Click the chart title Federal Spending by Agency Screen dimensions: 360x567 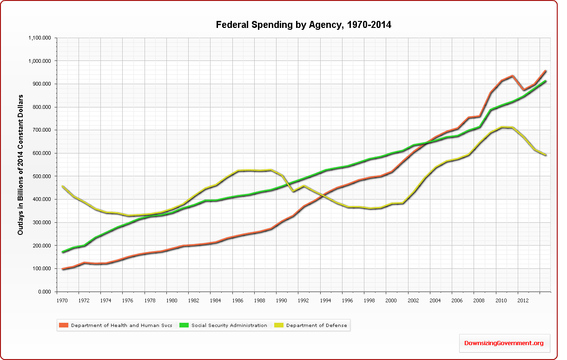tap(303, 25)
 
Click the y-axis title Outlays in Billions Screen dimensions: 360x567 tap(21, 165)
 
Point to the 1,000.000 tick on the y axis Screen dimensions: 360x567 tap(40, 61)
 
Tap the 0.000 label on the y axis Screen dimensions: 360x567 tap(45, 292)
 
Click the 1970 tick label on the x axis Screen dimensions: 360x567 tap(61, 300)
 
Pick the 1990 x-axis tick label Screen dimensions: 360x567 tap(281, 300)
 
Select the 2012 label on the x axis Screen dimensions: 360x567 tap(522, 300)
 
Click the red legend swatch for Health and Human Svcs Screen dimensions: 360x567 tap(64, 326)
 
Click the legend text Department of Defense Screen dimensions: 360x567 tap(316, 326)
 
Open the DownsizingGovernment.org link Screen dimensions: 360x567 tap(504, 343)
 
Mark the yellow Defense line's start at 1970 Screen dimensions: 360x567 tap(62, 186)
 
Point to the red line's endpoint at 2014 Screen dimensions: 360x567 tap(545, 71)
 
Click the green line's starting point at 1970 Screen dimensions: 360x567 tap(62, 252)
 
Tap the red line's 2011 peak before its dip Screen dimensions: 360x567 tap(512, 76)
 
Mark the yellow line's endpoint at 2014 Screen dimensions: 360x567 tap(545, 155)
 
